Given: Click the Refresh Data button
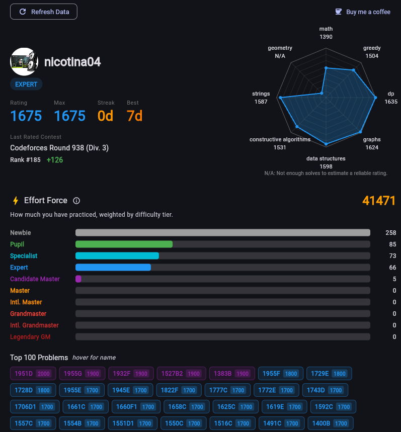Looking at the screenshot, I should point(44,12).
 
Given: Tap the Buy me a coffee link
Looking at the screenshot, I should point(363,12).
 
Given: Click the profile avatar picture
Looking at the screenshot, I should point(24,61).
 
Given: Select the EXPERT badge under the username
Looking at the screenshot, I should point(26,84).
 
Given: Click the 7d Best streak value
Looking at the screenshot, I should point(134,116).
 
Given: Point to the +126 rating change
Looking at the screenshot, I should point(55,160).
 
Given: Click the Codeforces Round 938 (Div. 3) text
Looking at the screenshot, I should point(59,148).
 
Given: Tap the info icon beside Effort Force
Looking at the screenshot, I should point(76,201).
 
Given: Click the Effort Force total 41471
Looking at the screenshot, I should point(379,201).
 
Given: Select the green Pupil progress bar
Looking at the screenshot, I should point(124,244).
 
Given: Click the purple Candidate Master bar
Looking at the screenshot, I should point(78,279).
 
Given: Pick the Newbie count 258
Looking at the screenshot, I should point(390,233).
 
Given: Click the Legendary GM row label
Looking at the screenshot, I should point(30,337).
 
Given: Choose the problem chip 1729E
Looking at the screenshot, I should point(329,374).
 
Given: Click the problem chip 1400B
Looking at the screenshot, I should point(330,423).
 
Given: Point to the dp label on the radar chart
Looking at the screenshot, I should point(391,94).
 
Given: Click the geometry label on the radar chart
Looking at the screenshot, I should point(280,48).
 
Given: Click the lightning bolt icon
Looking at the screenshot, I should point(16,201).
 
